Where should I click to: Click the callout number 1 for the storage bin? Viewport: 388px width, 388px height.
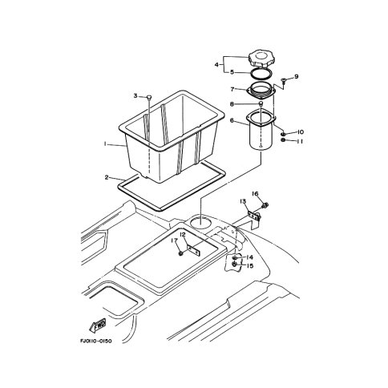click(105, 144)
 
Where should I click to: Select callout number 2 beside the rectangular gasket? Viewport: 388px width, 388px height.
click(107, 177)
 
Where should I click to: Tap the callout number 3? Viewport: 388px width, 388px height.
click(135, 95)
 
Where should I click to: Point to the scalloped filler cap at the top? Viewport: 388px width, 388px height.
click(260, 59)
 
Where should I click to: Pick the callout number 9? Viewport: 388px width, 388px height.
click(296, 77)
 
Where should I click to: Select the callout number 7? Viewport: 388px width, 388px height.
click(232, 89)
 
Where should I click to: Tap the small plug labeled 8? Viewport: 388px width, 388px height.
click(261, 103)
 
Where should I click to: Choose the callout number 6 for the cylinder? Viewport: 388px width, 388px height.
click(232, 120)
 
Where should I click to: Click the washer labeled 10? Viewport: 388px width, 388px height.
click(284, 134)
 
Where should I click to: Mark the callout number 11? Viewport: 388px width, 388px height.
click(300, 141)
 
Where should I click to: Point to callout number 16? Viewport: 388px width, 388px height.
click(256, 193)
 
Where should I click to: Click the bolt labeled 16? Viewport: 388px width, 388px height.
click(265, 205)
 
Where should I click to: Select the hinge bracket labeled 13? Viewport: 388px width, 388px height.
click(254, 216)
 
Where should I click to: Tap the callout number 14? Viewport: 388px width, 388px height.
click(249, 257)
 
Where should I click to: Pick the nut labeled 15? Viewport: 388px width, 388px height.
click(235, 264)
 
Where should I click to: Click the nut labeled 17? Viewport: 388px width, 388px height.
click(181, 253)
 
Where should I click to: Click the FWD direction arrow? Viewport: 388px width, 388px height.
click(97, 325)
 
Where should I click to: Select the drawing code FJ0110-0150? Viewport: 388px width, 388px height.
click(96, 342)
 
